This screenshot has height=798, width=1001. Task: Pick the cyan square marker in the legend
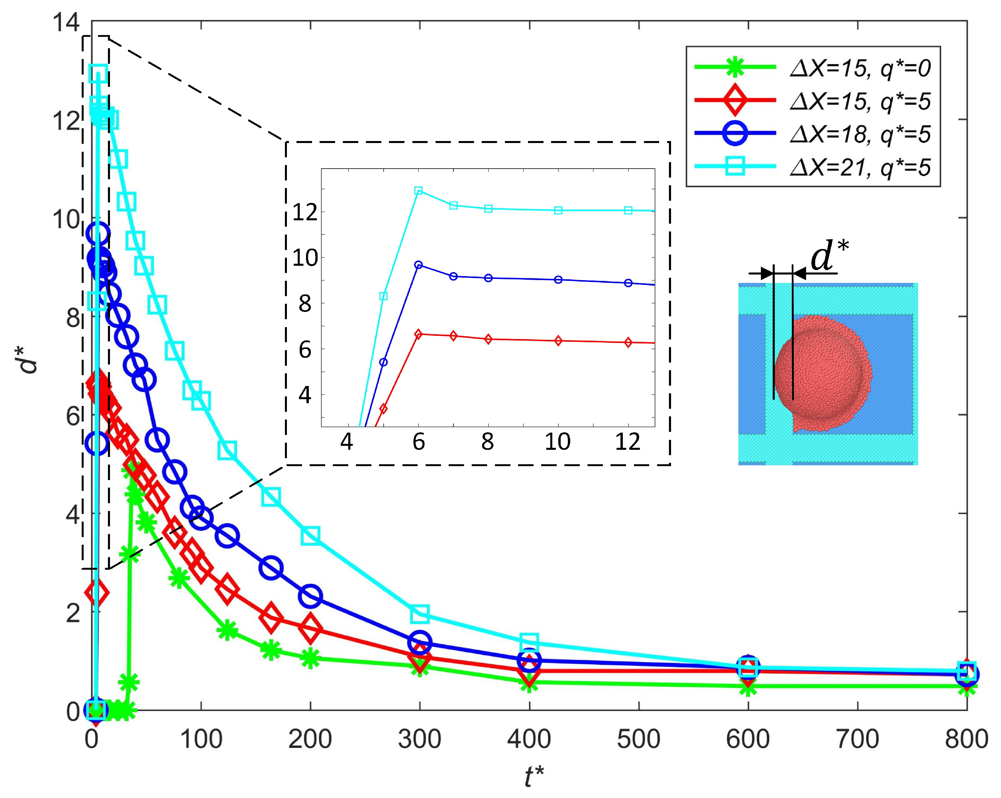(735, 166)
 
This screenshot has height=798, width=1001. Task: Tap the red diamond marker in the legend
(735, 100)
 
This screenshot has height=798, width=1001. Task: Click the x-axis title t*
(534, 775)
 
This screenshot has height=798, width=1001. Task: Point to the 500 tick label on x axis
(638, 739)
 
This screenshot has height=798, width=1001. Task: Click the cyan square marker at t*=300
(420, 613)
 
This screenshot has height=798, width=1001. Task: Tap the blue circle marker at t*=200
(310, 596)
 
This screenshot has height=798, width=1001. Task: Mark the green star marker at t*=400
(529, 682)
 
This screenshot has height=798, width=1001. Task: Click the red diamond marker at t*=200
(310, 627)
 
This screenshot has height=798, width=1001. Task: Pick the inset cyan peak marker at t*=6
(418, 191)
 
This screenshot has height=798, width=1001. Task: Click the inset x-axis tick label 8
(487, 441)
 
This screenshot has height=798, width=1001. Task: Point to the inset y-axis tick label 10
(305, 258)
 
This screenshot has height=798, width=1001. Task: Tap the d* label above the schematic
(829, 256)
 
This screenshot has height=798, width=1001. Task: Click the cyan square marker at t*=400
(529, 642)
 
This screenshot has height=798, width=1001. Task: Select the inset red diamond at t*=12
(628, 343)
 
